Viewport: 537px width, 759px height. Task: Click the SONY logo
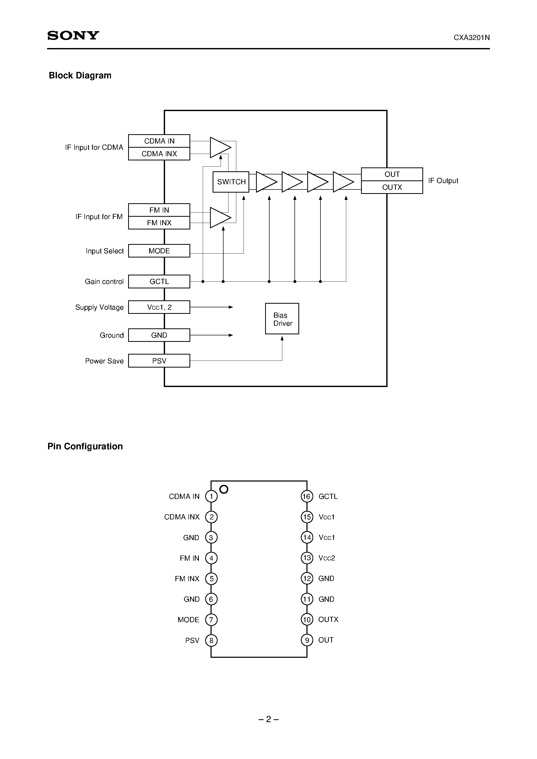pyautogui.click(x=73, y=35)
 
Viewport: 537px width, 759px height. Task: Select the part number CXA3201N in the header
pyautogui.click(x=471, y=38)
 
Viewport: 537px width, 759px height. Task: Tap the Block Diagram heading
pyautogui.click(x=80, y=75)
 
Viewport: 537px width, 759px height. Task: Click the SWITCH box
pyautogui.click(x=231, y=182)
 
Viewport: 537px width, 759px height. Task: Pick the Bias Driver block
pyautogui.click(x=282, y=319)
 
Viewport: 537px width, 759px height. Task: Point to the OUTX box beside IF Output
pyautogui.click(x=392, y=187)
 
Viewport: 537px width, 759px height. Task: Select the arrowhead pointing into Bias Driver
pyautogui.click(x=282, y=338)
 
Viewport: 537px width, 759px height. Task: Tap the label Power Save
pyautogui.click(x=104, y=361)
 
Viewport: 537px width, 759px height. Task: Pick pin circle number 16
pyautogui.click(x=306, y=496)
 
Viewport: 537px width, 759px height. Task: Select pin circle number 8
pyautogui.click(x=211, y=640)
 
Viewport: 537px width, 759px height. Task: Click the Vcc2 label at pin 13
pyautogui.click(x=326, y=558)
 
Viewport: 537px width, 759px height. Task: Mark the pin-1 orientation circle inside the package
pyautogui.click(x=224, y=489)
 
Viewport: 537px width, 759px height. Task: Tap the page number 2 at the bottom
pyautogui.click(x=268, y=719)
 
